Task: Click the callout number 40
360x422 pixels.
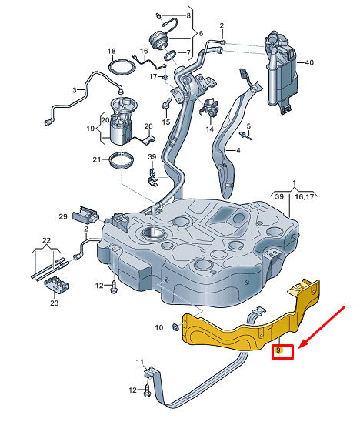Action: [x=309, y=62]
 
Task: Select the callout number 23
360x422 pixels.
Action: [x=53, y=303]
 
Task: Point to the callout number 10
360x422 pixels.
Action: [x=159, y=327]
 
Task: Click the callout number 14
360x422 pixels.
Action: [x=209, y=129]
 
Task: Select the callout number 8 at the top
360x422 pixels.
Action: [x=189, y=15]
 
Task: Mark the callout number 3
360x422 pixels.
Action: [x=75, y=90]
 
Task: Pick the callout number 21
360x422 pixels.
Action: [x=97, y=159]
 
